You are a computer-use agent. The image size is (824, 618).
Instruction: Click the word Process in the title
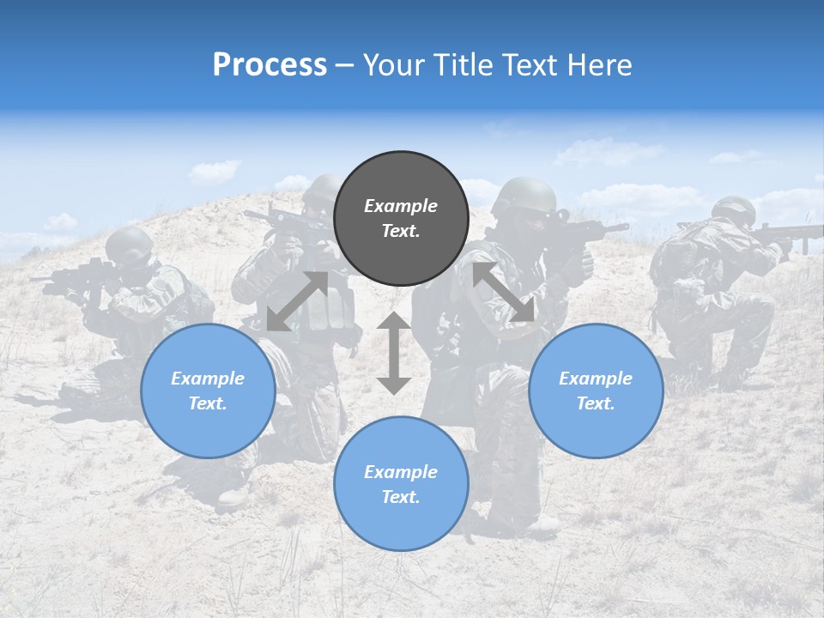(x=270, y=65)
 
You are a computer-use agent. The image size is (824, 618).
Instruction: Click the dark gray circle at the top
(x=401, y=218)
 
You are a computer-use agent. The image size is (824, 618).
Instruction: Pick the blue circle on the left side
(x=208, y=391)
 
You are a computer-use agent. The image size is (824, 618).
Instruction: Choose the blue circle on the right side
(x=596, y=391)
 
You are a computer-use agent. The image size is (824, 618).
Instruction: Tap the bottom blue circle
(x=401, y=483)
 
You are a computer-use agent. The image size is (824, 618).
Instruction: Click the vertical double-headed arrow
(x=394, y=353)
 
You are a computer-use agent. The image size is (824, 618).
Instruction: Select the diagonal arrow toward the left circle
(x=297, y=301)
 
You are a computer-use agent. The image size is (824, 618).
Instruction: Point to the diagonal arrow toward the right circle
(x=504, y=293)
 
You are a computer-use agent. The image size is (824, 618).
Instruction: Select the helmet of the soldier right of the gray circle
(x=524, y=195)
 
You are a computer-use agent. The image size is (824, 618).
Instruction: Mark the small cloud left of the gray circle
(x=215, y=171)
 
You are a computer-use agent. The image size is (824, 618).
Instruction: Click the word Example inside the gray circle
(x=401, y=206)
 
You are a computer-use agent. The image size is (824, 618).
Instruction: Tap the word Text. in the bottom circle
(x=401, y=497)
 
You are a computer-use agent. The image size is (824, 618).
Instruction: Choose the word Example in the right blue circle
(x=596, y=379)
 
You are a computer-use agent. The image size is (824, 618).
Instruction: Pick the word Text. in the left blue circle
(x=208, y=403)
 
